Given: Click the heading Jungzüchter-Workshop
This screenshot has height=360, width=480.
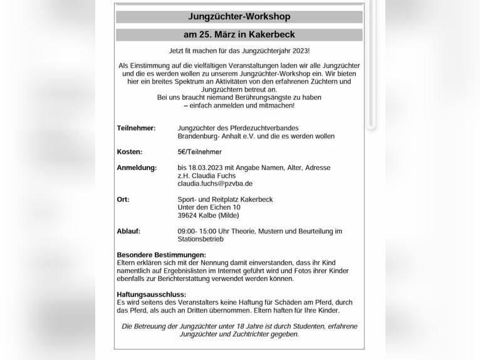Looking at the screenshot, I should pyautogui.click(x=239, y=17).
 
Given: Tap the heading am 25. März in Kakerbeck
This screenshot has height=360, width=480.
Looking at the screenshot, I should pyautogui.click(x=239, y=34).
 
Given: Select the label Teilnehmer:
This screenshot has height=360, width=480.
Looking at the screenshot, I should pyautogui.click(x=136, y=128).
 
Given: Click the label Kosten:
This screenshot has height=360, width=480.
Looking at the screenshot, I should pyautogui.click(x=129, y=152).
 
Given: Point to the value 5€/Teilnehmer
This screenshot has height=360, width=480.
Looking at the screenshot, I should pyautogui.click(x=199, y=152).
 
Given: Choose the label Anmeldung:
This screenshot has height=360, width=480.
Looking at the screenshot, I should pyautogui.click(x=137, y=168).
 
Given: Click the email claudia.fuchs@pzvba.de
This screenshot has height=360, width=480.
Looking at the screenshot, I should pyautogui.click(x=215, y=184).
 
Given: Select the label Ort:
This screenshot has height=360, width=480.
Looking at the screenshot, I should pyautogui.click(x=123, y=199).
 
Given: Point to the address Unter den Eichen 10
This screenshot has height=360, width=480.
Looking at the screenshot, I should pyautogui.click(x=209, y=208).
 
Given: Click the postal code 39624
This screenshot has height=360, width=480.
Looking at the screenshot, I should pyautogui.click(x=189, y=216).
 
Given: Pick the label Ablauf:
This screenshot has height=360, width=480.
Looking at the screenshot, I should pyautogui.click(x=128, y=231).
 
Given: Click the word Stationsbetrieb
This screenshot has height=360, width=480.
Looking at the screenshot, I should pyautogui.click(x=201, y=240).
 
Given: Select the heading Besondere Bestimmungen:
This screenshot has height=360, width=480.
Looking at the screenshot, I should pyautogui.click(x=161, y=255).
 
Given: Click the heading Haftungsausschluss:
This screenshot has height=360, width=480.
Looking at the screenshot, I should pyautogui.click(x=151, y=295).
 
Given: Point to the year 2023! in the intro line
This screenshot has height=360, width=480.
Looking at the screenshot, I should pyautogui.click(x=298, y=50).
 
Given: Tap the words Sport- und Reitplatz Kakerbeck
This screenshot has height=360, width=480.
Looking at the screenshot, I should pyautogui.click(x=225, y=199).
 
